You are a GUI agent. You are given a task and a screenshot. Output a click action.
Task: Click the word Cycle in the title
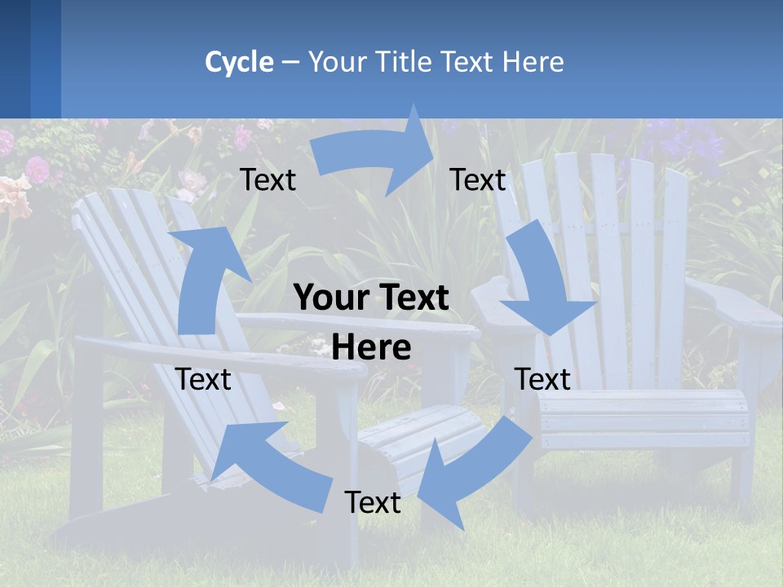[239, 62]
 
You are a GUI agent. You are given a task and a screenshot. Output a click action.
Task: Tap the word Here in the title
[533, 62]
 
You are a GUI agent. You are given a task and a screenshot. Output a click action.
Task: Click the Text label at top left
[268, 180]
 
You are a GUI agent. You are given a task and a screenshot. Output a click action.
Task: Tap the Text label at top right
[477, 180]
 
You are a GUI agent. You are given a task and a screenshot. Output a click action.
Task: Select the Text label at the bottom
[372, 502]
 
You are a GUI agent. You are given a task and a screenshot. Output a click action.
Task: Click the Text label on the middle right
[542, 379]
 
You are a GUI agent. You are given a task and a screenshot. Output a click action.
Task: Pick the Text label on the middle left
[203, 379]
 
